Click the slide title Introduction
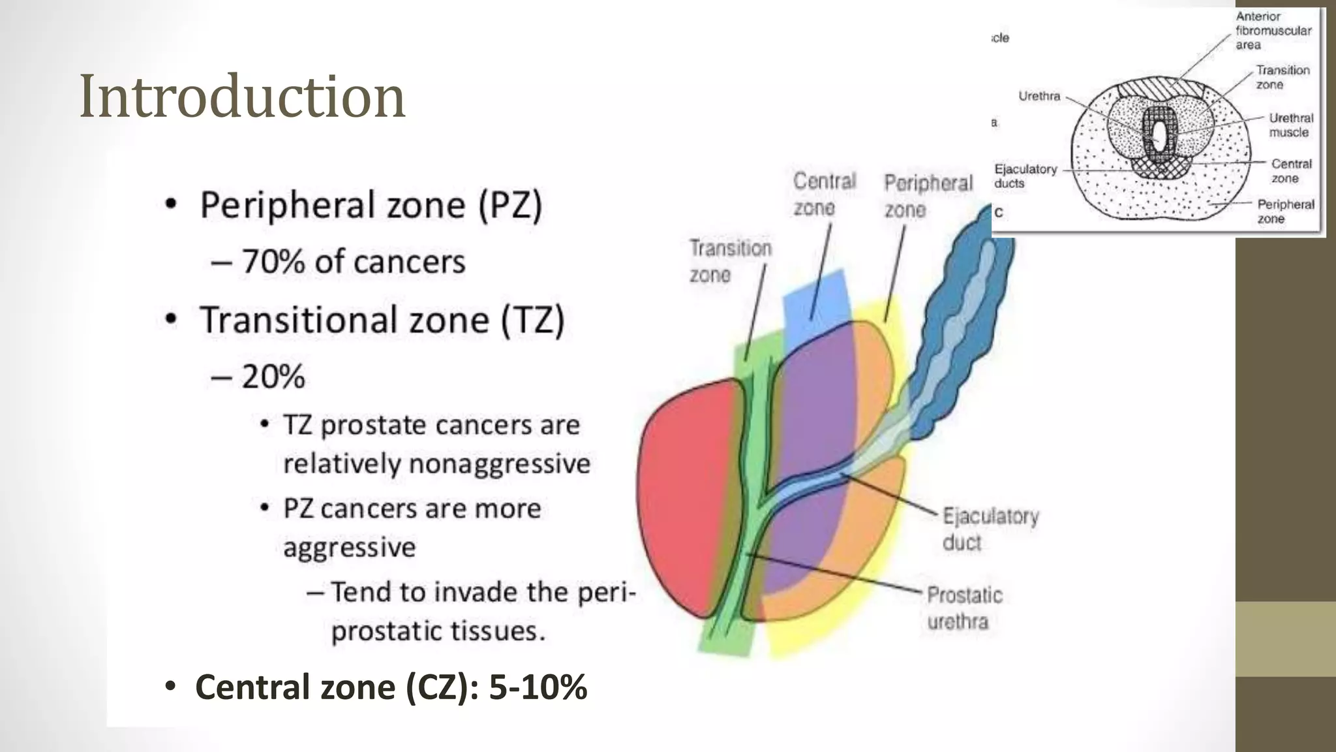pyautogui.click(x=241, y=97)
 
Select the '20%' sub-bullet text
pyautogui.click(x=273, y=377)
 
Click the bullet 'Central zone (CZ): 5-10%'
pyautogui.click(x=390, y=687)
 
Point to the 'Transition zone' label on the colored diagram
pyautogui.click(x=730, y=261)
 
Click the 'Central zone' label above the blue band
pyautogui.click(x=823, y=194)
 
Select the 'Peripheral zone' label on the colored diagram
pyautogui.click(x=927, y=196)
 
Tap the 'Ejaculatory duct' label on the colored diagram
pyautogui.click(x=990, y=529)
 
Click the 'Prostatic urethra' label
pyautogui.click(x=964, y=608)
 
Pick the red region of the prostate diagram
pyautogui.click(x=685, y=496)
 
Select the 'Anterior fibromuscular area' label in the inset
pyautogui.click(x=1272, y=31)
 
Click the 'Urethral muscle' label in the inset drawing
pyautogui.click(x=1290, y=125)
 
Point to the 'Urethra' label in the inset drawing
pyautogui.click(x=1039, y=96)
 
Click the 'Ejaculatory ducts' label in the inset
pyautogui.click(x=1024, y=176)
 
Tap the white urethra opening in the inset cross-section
pyautogui.click(x=1159, y=134)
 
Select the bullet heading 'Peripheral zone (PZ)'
pyautogui.click(x=371, y=205)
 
